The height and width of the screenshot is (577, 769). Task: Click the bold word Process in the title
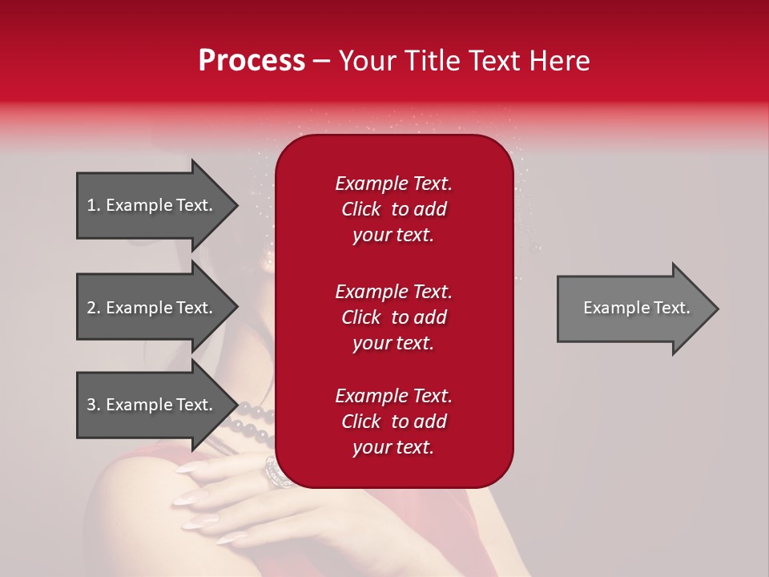coord(252,60)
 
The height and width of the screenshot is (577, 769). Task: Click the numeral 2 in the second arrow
coord(91,308)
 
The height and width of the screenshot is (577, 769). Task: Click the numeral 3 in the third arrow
coord(91,405)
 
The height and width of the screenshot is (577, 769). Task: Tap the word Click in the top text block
coord(360,209)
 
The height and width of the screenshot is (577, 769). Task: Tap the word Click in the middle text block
coord(360,317)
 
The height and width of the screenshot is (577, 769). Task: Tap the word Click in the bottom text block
coord(360,422)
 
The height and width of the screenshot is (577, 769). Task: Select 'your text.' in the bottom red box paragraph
coord(393,447)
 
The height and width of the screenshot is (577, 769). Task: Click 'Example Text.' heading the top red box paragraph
coord(393,184)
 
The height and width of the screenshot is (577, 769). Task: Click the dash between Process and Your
coord(321,61)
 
